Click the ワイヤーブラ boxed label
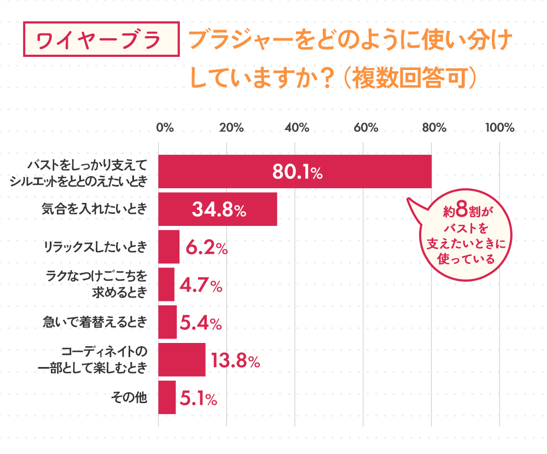pos(102,39)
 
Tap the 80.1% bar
pos(295,172)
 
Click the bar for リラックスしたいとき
pos(168,247)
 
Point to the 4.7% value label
pos(201,286)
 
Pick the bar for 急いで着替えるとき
pos(167,322)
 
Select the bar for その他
pos(167,398)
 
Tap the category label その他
pos(129,398)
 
